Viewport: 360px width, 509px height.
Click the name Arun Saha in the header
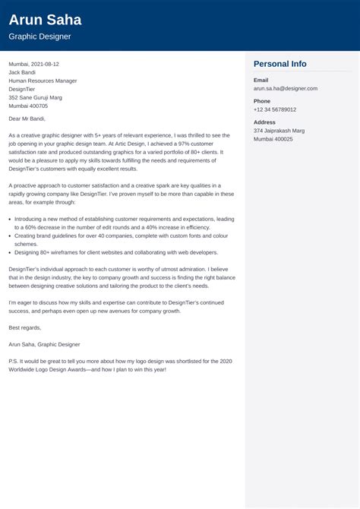(45, 21)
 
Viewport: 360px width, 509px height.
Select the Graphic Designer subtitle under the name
(39, 36)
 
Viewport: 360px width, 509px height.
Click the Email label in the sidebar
(261, 80)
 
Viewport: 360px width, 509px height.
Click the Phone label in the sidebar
(262, 101)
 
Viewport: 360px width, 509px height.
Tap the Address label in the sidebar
(265, 122)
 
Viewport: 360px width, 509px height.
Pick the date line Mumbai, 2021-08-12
(33, 65)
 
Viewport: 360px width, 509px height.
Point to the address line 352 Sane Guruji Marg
(35, 97)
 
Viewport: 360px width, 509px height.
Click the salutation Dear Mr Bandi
(27, 119)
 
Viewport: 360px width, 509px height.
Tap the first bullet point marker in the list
(10, 219)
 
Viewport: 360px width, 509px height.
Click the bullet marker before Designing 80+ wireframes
(10, 251)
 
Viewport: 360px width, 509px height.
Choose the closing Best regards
(25, 327)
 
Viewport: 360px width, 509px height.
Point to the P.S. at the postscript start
(14, 362)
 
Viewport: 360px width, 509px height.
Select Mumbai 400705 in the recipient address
(27, 106)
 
